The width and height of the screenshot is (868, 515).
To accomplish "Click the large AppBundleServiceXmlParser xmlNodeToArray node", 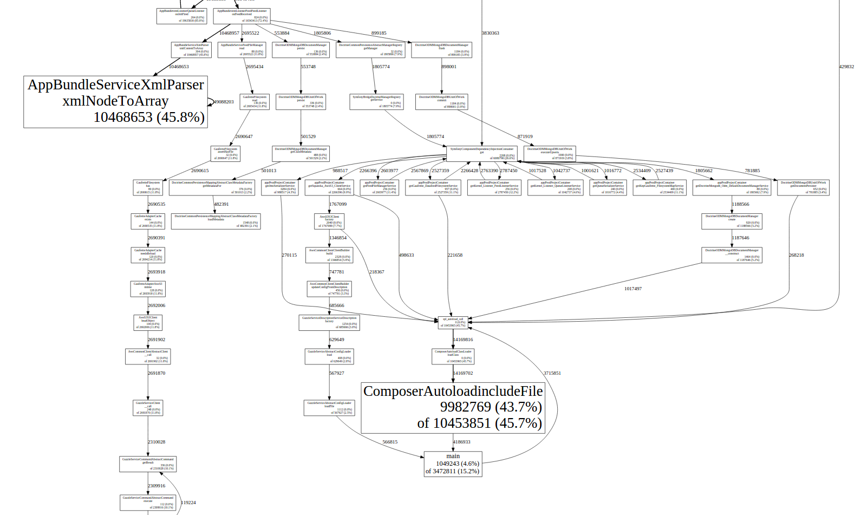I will [x=115, y=102].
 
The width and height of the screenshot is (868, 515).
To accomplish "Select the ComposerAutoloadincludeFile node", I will [x=453, y=407].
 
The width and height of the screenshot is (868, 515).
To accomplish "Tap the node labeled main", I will [x=453, y=464].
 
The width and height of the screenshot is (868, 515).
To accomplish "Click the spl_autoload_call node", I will [x=453, y=322].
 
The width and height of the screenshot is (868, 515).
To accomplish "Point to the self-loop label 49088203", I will [x=224, y=102].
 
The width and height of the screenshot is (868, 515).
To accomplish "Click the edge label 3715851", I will [x=552, y=373].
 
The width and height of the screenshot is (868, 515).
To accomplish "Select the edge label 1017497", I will [x=632, y=289].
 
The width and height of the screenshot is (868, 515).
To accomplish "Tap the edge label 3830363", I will [x=490, y=33].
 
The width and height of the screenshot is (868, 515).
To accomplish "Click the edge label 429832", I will [x=846, y=67].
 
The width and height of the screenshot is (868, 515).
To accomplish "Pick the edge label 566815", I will [x=390, y=442].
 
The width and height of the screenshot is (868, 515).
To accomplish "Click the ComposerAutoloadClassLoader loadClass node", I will [x=453, y=356].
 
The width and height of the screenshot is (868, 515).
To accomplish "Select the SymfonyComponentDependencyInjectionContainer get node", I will [x=481, y=154].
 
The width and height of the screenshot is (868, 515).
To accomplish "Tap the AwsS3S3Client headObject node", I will [x=148, y=322].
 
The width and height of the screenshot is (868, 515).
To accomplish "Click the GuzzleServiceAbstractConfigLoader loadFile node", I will [x=329, y=408].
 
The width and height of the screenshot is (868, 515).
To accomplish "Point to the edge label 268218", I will [x=796, y=255].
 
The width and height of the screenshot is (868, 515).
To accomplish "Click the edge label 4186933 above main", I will [x=461, y=442].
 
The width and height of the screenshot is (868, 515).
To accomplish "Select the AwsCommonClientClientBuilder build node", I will [x=329, y=255].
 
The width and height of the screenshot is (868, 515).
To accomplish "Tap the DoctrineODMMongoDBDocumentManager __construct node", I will [x=732, y=255].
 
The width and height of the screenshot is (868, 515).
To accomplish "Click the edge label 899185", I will [x=378, y=33].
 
